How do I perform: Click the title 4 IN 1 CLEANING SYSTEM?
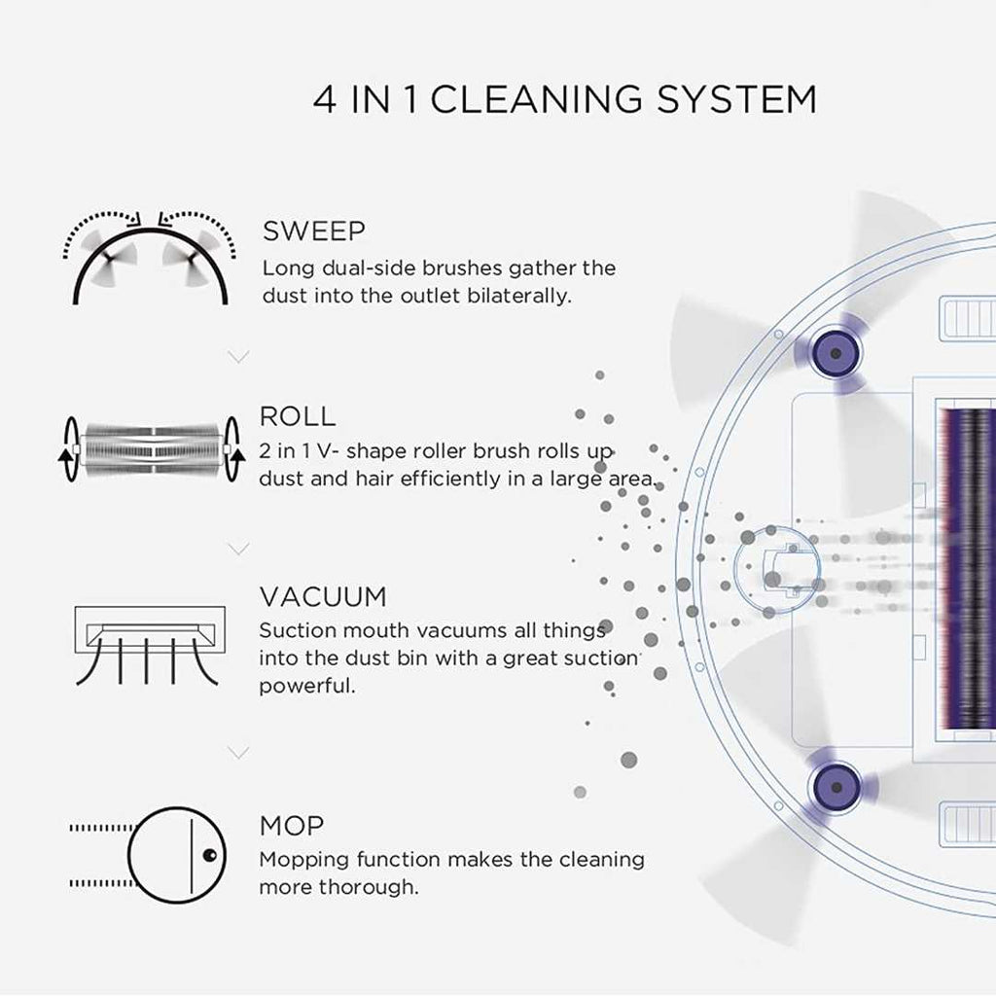565,100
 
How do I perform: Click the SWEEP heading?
314,232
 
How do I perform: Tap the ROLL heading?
298,417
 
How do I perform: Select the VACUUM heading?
323,596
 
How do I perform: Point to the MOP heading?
292,827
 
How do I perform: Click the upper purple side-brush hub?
836,346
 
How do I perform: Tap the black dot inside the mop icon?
209,856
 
